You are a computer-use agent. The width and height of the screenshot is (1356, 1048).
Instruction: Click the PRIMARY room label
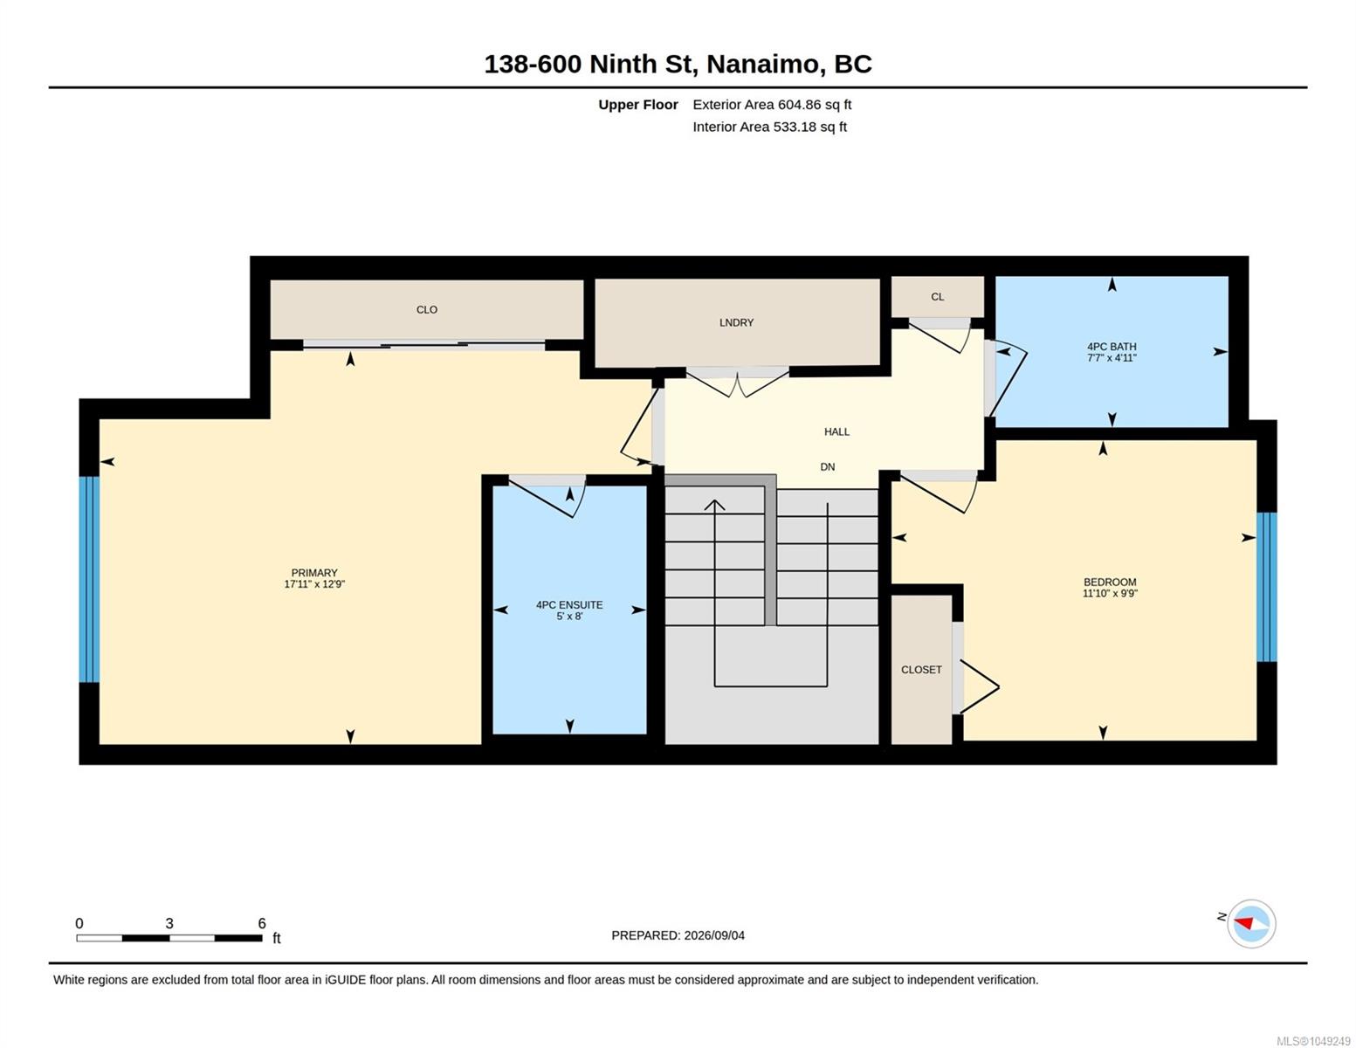click(x=313, y=572)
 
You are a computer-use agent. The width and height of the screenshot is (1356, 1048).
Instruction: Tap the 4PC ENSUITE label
click(x=569, y=604)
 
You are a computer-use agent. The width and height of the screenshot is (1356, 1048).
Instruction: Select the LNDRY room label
click(x=736, y=322)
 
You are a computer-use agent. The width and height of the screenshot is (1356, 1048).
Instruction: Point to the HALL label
click(x=836, y=431)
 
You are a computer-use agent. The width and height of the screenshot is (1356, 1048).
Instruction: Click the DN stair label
click(x=828, y=467)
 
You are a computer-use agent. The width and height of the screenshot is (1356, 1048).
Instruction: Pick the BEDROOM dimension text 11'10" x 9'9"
click(x=1110, y=593)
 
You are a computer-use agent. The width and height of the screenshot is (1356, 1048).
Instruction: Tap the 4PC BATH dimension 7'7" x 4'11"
click(x=1112, y=358)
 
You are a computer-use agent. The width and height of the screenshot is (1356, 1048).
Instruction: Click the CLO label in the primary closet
click(x=427, y=309)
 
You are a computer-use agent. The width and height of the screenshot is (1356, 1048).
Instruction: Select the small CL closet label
click(x=937, y=296)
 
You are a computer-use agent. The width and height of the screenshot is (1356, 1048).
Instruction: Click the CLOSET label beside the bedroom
click(x=921, y=669)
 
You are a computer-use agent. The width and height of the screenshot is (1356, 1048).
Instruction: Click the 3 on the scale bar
click(x=169, y=923)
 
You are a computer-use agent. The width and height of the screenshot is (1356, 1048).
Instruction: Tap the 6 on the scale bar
click(x=261, y=923)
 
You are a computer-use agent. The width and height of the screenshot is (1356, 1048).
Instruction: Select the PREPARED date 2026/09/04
click(x=714, y=935)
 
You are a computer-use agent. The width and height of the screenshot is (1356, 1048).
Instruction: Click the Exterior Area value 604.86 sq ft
click(x=815, y=104)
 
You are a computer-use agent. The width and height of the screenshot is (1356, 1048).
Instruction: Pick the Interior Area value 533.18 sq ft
click(x=810, y=127)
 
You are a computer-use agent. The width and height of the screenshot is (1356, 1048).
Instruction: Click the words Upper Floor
click(x=637, y=104)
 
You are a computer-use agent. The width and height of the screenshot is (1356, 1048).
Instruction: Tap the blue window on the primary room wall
click(x=89, y=579)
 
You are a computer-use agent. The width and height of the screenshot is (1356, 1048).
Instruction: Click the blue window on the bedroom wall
click(x=1267, y=587)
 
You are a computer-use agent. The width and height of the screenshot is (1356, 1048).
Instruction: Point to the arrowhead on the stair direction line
click(x=714, y=505)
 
